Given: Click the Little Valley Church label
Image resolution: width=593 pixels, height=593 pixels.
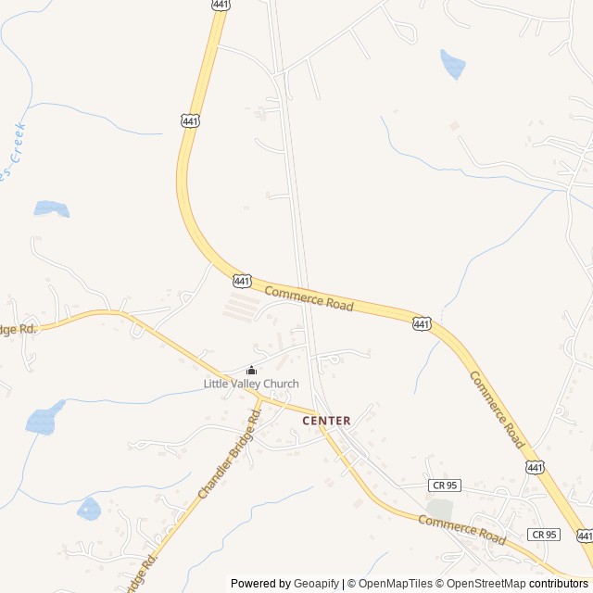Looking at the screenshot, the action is [251, 384].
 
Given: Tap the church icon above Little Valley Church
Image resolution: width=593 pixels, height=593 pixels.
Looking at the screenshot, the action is [251, 371].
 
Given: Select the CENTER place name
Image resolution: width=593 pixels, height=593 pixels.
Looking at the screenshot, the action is [326, 421].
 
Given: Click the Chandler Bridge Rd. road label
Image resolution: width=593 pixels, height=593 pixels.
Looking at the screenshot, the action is [229, 453].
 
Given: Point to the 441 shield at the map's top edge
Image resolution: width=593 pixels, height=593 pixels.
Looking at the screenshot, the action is [221, 5].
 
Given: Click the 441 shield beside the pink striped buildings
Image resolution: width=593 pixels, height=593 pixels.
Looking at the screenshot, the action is [242, 280].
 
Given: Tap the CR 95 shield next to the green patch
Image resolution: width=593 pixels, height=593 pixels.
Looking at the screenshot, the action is [445, 485].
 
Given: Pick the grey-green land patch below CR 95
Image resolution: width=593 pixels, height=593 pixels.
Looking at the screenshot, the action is [440, 509].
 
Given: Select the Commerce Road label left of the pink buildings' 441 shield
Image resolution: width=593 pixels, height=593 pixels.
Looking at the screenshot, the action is [309, 298].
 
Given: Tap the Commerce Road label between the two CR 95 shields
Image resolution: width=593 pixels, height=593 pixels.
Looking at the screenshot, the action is [461, 530].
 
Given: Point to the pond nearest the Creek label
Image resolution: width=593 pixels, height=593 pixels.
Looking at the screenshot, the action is [51, 208].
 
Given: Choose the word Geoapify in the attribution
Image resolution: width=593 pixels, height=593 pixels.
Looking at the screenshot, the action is [316, 584].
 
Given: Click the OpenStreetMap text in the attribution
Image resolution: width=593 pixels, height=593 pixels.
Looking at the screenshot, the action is [486, 584].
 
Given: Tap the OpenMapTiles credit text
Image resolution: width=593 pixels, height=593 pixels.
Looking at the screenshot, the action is [395, 584].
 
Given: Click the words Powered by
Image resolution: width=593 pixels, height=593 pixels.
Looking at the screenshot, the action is [260, 584].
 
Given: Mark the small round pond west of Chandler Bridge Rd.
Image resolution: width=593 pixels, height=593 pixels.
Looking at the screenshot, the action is [89, 508].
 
